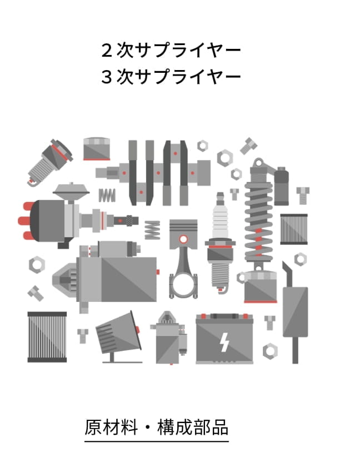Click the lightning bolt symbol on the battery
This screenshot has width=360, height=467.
click(x=224, y=342)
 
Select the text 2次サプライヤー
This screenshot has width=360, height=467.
click(x=171, y=51)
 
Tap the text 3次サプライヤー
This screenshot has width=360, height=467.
click(x=171, y=77)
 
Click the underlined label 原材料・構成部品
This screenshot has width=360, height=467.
click(x=157, y=428)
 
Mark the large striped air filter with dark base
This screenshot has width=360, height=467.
click(x=47, y=337)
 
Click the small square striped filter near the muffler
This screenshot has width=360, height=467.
click(x=293, y=229)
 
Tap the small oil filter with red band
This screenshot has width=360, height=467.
click(x=96, y=149)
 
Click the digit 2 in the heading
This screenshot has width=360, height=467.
click(x=107, y=51)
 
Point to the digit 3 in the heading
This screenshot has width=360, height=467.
click(x=107, y=77)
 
